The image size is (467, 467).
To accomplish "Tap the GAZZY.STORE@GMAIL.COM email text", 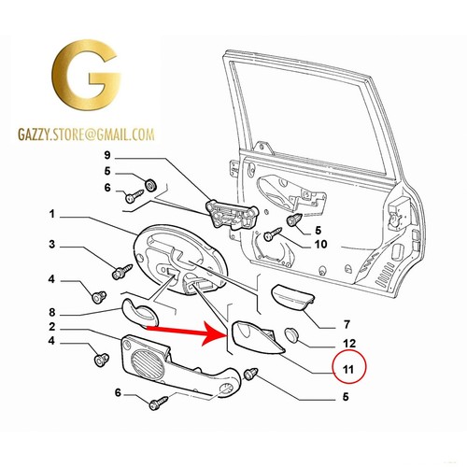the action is (x=86, y=134).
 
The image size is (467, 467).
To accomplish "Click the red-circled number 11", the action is (x=348, y=369).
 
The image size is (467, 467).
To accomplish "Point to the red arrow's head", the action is (x=215, y=334).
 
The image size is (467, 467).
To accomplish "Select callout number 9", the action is (x=107, y=155).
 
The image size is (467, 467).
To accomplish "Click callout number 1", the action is (x=51, y=214).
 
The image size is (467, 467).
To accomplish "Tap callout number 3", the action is (x=51, y=245).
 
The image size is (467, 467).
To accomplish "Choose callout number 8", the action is (x=51, y=312).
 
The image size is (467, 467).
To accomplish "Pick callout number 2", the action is (x=51, y=327).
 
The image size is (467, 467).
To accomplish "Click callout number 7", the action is (x=347, y=325).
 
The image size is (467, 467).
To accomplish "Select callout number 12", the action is (x=349, y=344).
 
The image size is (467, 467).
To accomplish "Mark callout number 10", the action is (x=320, y=245).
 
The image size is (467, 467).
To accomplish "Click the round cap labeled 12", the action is (x=291, y=334).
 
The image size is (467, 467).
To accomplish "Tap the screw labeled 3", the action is (x=121, y=272).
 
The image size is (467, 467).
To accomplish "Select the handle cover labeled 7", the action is (x=292, y=299).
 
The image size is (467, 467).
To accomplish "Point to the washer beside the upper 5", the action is (x=151, y=186).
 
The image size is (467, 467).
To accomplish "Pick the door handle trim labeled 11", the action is (x=257, y=339).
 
